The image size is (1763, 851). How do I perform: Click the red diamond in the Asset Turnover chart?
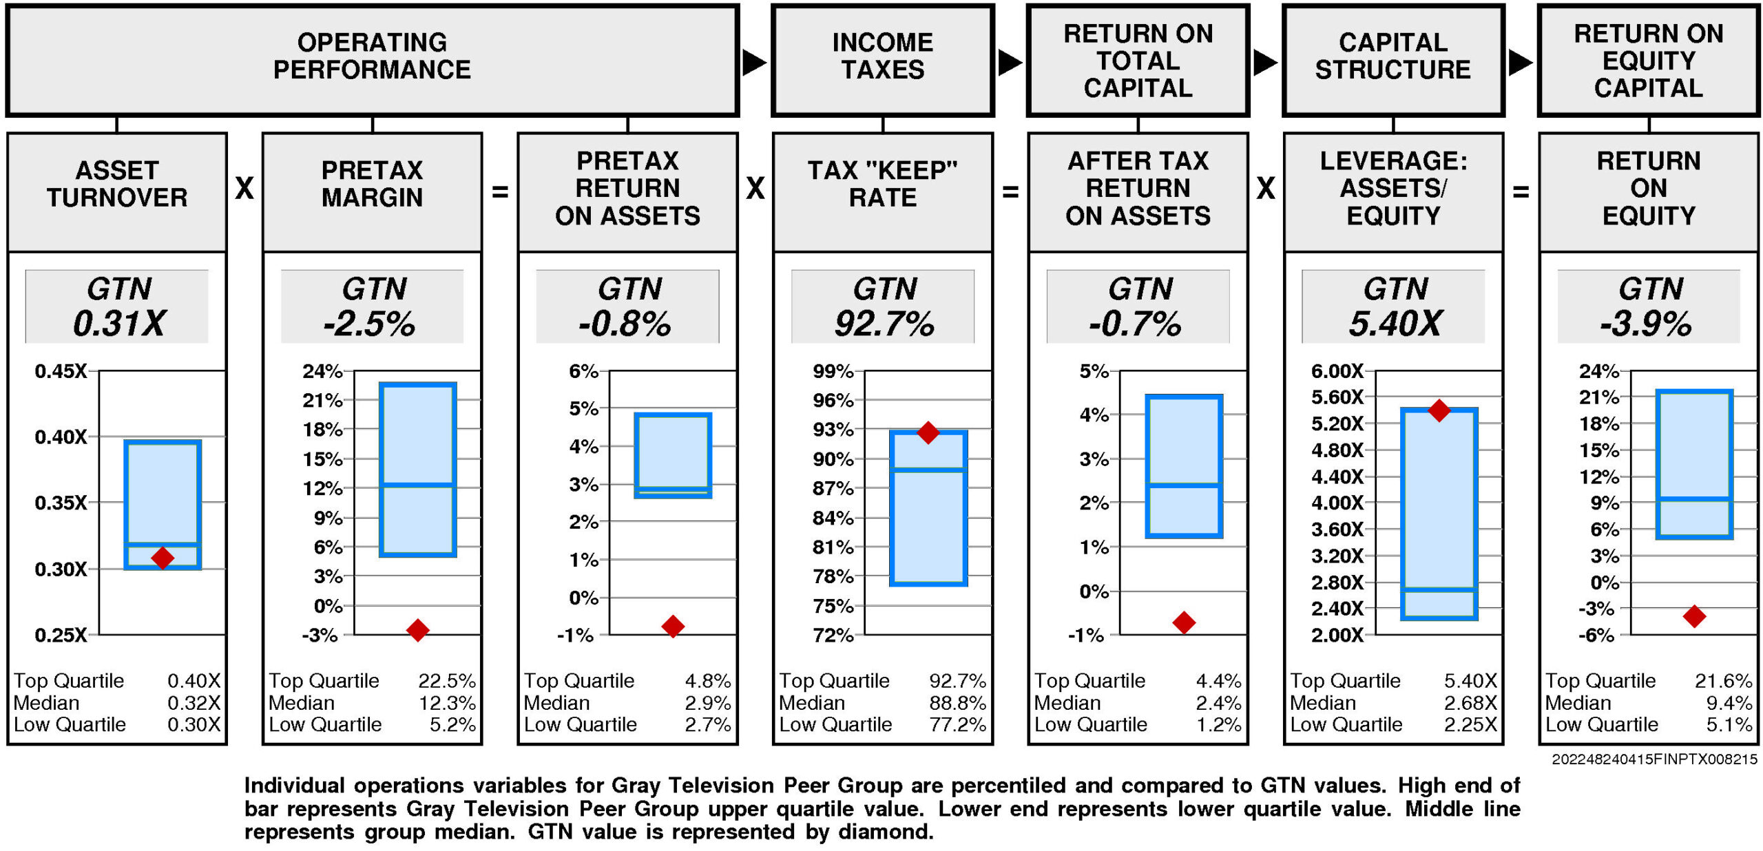coord(163,557)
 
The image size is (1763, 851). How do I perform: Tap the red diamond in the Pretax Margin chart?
coord(418,629)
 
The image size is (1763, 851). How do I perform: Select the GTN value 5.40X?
coord(1395,324)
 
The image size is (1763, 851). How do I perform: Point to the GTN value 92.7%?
coord(884,324)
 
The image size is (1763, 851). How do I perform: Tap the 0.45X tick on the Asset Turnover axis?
coord(61,372)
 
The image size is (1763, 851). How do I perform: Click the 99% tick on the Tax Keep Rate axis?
coord(833,372)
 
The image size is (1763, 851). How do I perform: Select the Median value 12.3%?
coord(447,703)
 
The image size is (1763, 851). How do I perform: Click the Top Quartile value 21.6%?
coord(1723,681)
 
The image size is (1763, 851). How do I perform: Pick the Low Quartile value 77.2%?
coord(957,724)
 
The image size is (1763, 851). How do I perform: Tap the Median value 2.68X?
coord(1470,703)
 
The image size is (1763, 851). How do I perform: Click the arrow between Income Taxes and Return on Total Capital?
coord(1010,63)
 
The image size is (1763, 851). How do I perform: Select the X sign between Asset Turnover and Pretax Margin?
coord(244,189)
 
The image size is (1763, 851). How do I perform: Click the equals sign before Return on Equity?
coord(1521,192)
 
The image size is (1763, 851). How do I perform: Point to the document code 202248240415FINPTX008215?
coord(1654,759)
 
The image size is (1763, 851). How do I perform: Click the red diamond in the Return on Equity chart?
coord(1694,616)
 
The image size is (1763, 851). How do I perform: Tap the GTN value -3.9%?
coord(1646,324)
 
